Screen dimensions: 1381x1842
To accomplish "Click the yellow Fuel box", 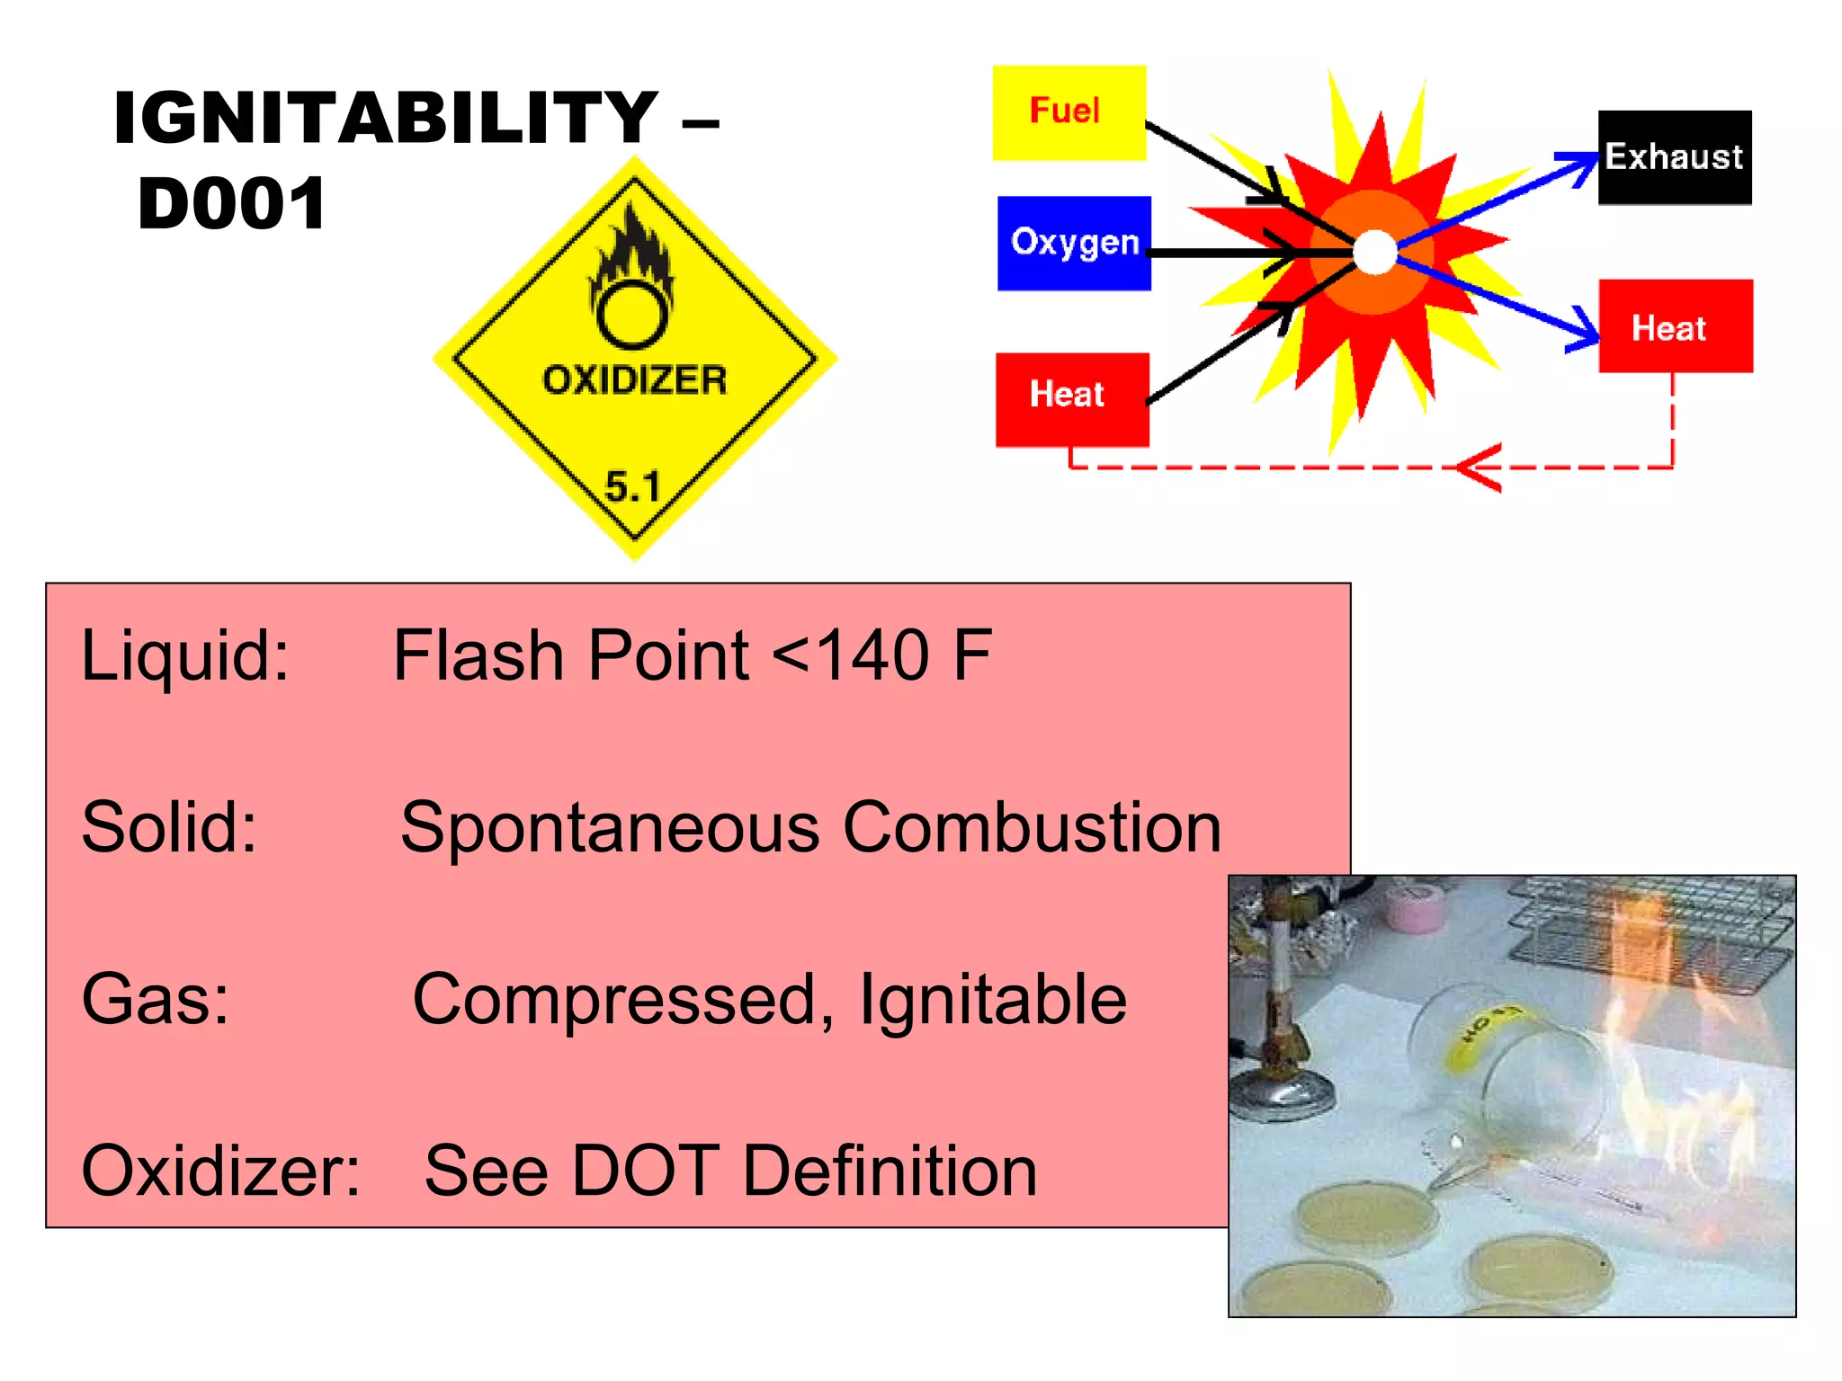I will [1069, 112].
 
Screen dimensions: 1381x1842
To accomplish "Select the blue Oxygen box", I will [1074, 243].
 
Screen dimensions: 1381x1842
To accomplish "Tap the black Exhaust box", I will [1674, 157].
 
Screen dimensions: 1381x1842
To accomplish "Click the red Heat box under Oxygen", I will [1071, 398].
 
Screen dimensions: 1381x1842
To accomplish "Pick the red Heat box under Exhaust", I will [1675, 325].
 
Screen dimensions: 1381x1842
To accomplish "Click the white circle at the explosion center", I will [1374, 252].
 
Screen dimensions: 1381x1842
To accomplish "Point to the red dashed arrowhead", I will [1475, 468].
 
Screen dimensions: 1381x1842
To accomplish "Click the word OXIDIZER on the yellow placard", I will [634, 379].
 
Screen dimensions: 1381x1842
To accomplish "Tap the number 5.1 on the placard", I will [632, 486].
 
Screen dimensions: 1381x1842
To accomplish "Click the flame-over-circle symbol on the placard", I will [633, 283].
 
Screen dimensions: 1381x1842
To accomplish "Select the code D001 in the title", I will [232, 204].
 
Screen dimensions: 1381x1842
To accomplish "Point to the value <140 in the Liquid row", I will [851, 655].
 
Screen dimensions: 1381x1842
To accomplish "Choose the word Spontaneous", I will [610, 827].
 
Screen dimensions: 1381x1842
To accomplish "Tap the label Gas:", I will [155, 999].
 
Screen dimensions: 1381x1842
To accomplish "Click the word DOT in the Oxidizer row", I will [645, 1171].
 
